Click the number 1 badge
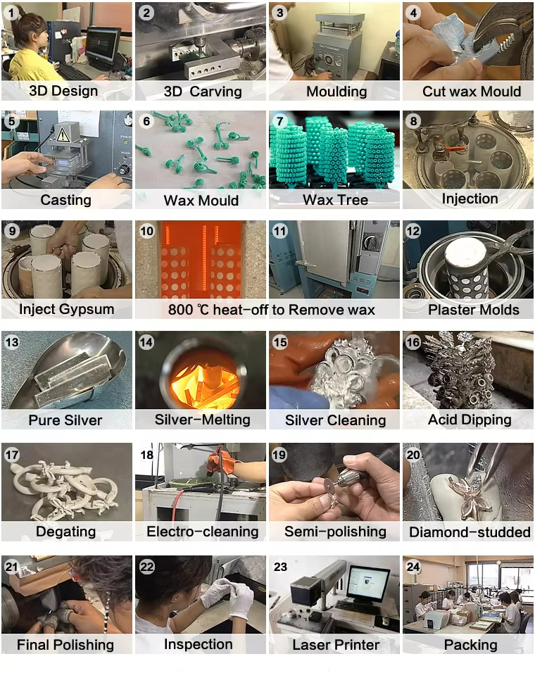pos(11,13)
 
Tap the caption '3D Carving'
pos(203,92)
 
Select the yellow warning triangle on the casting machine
pos(63,134)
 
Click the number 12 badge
pos(413,232)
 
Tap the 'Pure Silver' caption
pos(65,420)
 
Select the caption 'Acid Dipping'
pos(470,420)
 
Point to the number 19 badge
pos(279,455)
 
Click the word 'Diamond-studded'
pos(470,532)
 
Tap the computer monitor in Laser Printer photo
pos(367,582)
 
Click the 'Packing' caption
pos(471,645)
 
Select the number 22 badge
pos(146,567)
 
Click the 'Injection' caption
pos(470,199)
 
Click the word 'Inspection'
pos(199,644)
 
